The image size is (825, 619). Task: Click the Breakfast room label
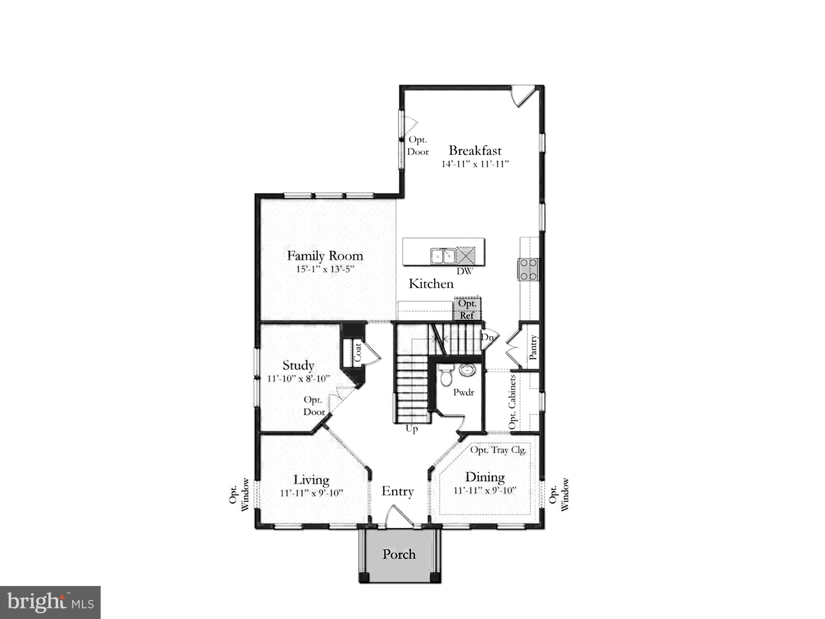coord(475,151)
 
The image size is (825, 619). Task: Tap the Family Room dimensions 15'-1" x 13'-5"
coord(325,269)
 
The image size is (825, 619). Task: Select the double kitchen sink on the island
coord(443,256)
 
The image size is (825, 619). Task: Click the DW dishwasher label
coord(464,272)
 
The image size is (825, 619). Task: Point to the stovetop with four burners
coord(528,269)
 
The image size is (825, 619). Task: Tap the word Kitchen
coord(431,284)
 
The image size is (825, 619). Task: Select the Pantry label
coord(533,347)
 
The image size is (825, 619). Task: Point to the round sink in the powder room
coord(467,370)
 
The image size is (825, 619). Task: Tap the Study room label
coord(298,366)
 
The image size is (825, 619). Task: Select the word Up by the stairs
coord(412,429)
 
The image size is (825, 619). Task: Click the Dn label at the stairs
coord(488,337)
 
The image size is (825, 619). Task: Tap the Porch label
coord(399,554)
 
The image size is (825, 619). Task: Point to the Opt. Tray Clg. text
coord(498,450)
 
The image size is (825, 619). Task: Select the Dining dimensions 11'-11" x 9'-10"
coord(485,491)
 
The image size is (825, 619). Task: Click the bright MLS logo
coord(50,602)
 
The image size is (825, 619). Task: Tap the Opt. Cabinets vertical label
coord(512,402)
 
